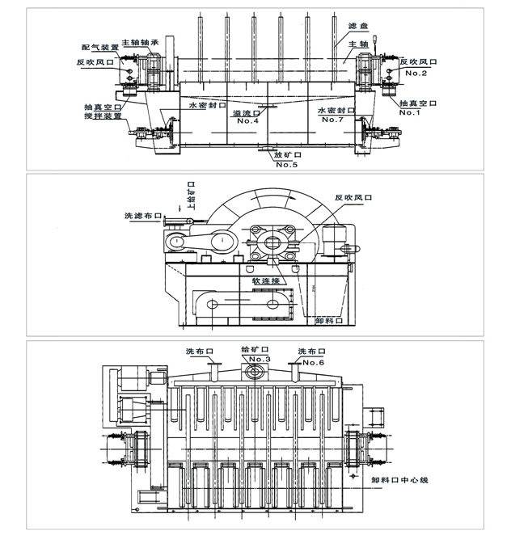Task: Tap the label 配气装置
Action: point(99,48)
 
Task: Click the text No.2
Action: point(416,73)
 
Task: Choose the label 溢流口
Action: point(246,113)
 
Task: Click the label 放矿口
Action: point(286,156)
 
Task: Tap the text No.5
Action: point(287,166)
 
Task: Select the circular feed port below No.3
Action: point(256,373)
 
